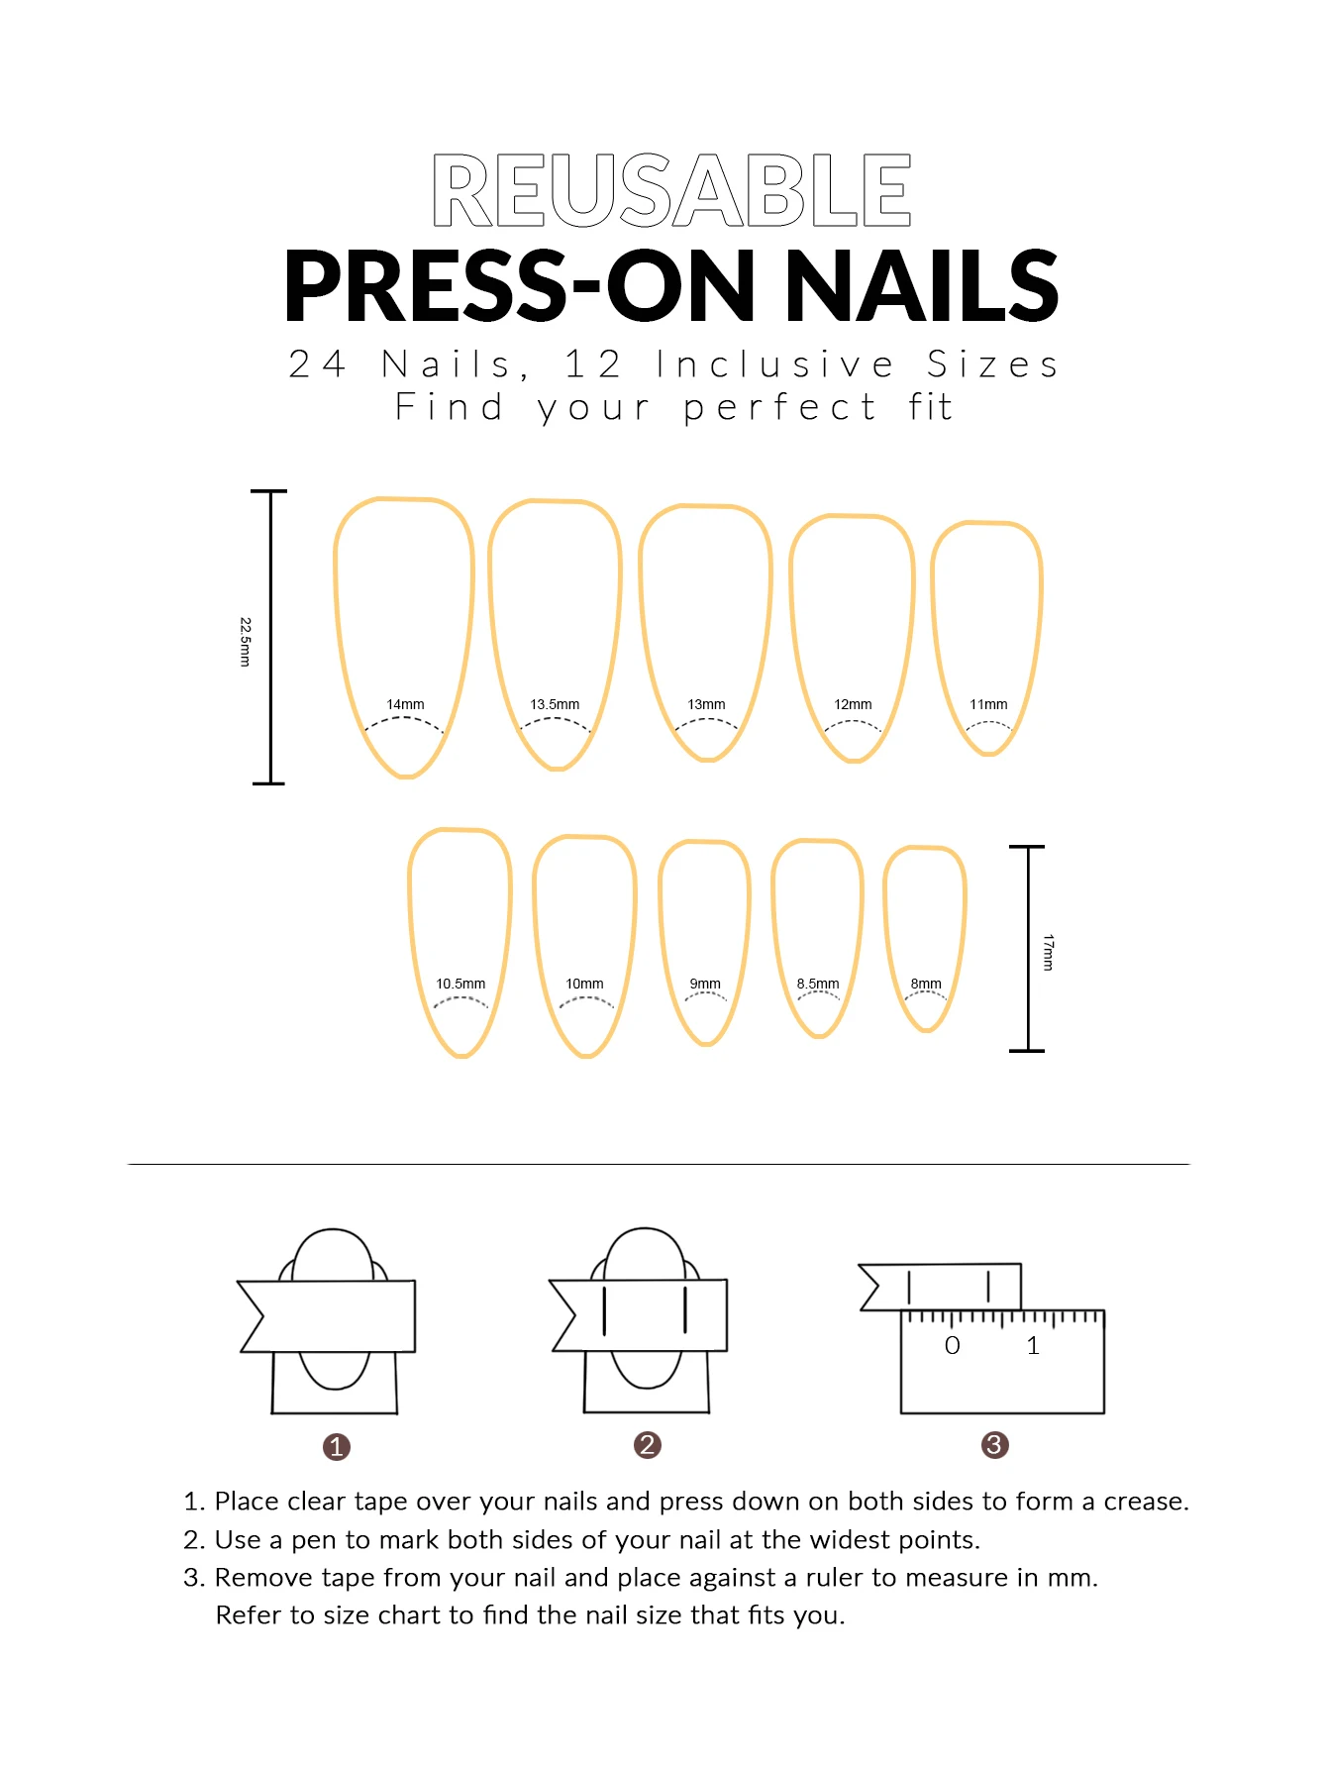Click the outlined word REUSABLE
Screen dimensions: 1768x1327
(671, 190)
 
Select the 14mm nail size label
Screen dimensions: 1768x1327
(405, 704)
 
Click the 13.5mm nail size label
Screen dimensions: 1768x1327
(555, 704)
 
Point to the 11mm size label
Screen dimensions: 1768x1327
(988, 704)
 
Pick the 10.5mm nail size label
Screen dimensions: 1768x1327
(460, 984)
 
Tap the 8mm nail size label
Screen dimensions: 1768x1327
(926, 984)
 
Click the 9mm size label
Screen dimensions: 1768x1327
(705, 984)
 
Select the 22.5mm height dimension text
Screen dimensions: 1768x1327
(246, 642)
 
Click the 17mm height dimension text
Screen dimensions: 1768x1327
(1048, 952)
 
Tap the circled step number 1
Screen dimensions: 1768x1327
(337, 1447)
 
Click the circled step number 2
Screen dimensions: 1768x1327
(648, 1445)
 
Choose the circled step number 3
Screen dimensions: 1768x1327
(994, 1445)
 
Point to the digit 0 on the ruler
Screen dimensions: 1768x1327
(953, 1346)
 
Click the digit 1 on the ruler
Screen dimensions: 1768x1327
(1033, 1346)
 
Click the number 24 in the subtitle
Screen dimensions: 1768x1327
(317, 364)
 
